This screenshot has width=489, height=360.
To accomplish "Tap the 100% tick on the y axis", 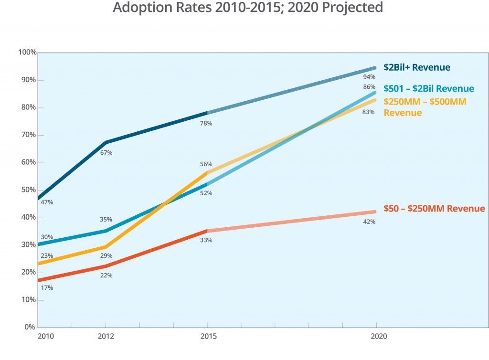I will [27, 52].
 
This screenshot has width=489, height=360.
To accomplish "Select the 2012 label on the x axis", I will [106, 337].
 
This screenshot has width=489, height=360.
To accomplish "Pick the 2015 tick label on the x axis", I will [207, 337].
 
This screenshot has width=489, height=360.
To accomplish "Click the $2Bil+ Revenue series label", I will [416, 67].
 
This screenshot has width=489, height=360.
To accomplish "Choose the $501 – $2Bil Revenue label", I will [428, 89].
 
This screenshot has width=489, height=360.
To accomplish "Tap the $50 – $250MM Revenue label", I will [434, 209].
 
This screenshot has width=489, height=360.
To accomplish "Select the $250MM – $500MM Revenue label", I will [425, 107].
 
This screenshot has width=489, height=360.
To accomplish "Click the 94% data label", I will [369, 77].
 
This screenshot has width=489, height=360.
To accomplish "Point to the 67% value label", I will [106, 153].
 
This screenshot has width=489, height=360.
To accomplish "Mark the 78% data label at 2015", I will [206, 124].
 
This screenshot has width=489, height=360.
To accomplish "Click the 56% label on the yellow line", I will [206, 164].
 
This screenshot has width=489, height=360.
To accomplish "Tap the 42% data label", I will [369, 222].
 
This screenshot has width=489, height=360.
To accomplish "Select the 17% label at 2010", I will [47, 288].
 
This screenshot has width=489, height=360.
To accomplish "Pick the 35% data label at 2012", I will [106, 220].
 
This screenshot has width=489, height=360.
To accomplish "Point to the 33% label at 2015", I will [206, 240].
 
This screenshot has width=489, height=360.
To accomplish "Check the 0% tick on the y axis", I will [30, 328].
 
